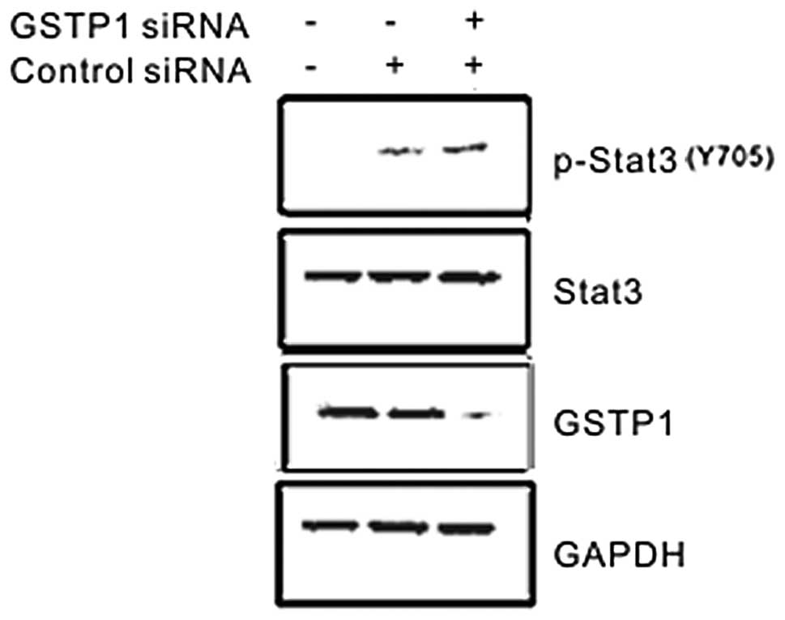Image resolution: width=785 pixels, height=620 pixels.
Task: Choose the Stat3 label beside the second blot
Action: coord(599,291)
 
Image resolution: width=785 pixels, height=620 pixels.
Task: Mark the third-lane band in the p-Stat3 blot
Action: coord(465,148)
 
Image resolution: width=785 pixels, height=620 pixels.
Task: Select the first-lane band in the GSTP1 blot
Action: coord(348,413)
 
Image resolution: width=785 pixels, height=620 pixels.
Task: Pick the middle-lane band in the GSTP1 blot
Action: coord(416,414)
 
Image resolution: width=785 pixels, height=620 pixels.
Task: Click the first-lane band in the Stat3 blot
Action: coord(332,277)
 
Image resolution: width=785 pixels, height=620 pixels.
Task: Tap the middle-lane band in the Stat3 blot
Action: coord(400,277)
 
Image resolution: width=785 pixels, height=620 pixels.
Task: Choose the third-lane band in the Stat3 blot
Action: coord(467,278)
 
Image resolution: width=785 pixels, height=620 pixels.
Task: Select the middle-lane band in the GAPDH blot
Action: coord(399,527)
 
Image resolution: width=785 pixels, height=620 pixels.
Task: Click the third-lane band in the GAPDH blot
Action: coord(466,528)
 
